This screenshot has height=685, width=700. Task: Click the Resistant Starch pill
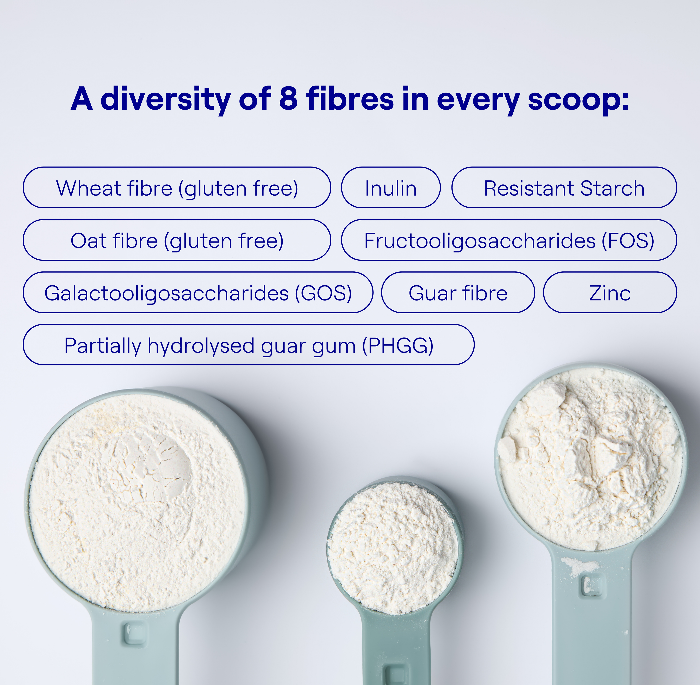(x=564, y=188)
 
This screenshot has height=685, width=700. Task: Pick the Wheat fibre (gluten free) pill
(x=177, y=188)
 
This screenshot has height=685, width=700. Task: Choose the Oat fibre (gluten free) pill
(x=177, y=240)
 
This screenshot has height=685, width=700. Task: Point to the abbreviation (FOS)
(x=628, y=240)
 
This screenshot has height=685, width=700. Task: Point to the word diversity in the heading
(x=165, y=99)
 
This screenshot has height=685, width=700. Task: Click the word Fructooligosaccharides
(x=480, y=240)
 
